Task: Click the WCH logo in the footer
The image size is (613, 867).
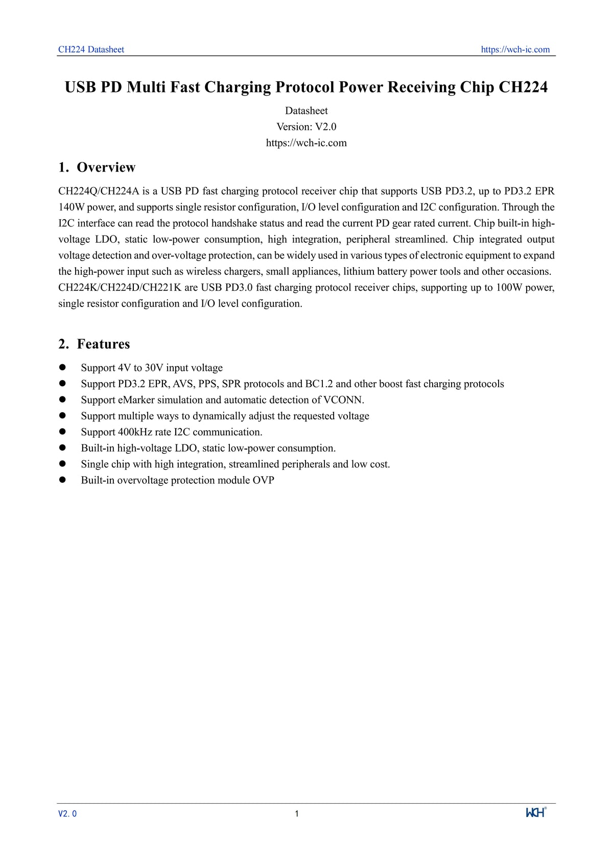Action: coord(536,813)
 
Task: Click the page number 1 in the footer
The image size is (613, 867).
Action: coord(297,814)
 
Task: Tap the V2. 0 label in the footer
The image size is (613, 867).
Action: coord(67,814)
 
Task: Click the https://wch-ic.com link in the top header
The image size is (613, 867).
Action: coord(515,50)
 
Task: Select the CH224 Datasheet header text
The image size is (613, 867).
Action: coord(91,50)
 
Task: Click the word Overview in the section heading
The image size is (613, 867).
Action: coord(106,168)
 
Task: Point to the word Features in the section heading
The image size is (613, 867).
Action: coord(103,344)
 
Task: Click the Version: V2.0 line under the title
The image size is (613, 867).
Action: coord(306,127)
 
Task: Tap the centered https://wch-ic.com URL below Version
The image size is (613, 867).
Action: coord(306,143)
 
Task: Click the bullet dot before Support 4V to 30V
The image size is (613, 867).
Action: coord(63,367)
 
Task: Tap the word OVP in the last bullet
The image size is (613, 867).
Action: coord(263,480)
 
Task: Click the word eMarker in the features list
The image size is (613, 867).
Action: coord(136,400)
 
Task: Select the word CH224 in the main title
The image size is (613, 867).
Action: coord(523,87)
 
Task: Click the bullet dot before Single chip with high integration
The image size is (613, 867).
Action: coord(63,464)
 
